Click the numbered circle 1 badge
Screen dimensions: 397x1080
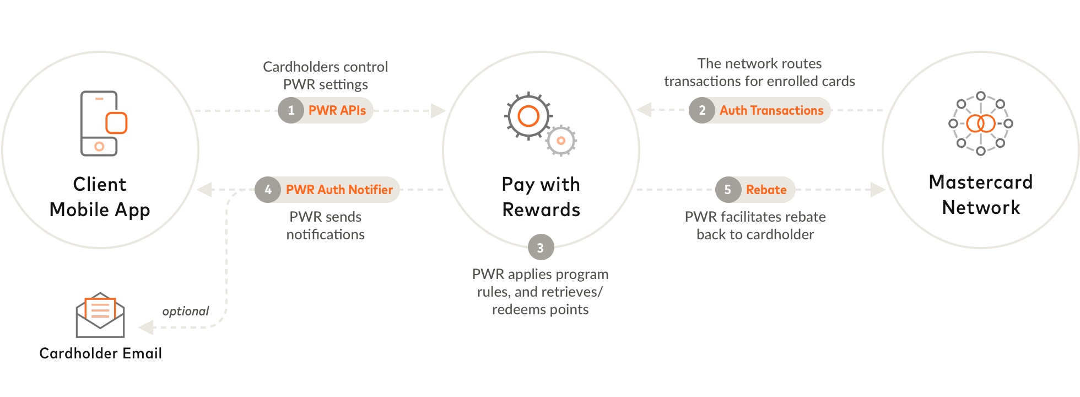coord(291,110)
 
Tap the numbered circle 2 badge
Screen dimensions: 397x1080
coord(702,110)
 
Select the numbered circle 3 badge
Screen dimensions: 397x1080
coord(541,248)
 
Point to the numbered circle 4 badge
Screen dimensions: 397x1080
coord(268,190)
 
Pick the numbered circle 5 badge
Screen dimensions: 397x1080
coord(728,190)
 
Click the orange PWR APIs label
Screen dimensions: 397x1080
coord(337,110)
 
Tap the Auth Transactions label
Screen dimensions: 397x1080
coord(771,110)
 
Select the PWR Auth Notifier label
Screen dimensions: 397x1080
coord(339,190)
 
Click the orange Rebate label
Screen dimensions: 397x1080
coord(766,190)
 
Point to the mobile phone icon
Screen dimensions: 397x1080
coord(101,124)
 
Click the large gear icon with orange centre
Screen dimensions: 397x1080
coord(528,116)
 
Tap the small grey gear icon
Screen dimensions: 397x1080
coord(561,141)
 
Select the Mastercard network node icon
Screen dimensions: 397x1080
coord(981,124)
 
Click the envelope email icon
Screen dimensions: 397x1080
coord(100,315)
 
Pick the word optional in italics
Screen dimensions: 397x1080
coord(186,311)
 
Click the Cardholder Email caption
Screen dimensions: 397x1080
coord(100,353)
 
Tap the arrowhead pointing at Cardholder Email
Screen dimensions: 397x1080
coord(145,328)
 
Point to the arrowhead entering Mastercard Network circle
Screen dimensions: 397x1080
coord(878,190)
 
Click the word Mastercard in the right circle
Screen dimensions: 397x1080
coord(981,182)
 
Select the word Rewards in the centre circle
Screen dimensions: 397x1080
coord(541,210)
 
